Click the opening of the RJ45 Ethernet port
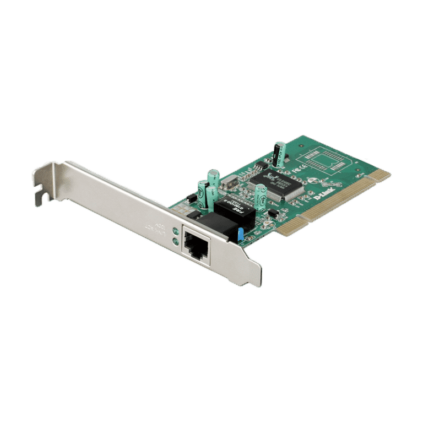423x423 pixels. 196,246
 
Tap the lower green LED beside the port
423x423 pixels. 176,241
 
